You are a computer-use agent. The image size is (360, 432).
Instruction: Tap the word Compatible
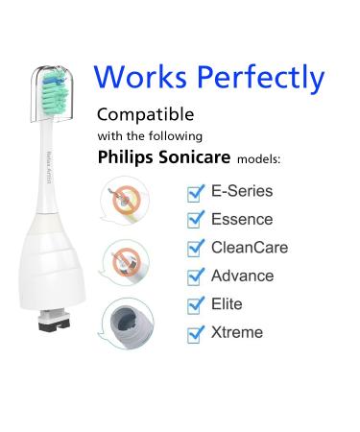click(x=144, y=114)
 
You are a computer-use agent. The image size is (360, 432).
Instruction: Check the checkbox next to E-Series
click(x=195, y=193)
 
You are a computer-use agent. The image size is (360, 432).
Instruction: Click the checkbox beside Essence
click(x=195, y=221)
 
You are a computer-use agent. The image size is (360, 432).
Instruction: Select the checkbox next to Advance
click(x=195, y=277)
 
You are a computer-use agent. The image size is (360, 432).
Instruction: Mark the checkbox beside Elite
click(x=195, y=305)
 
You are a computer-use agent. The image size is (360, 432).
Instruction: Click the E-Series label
click(x=241, y=191)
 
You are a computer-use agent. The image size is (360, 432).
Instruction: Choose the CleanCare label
click(x=248, y=248)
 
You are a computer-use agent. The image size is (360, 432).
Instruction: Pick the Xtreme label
click(x=237, y=333)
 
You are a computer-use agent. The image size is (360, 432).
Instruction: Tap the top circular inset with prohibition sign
click(x=124, y=201)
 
